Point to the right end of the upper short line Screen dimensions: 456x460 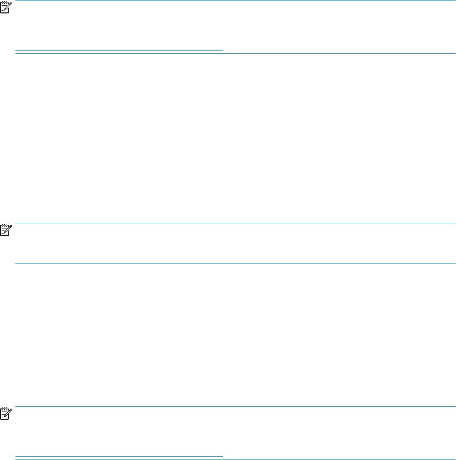click(x=222, y=51)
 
